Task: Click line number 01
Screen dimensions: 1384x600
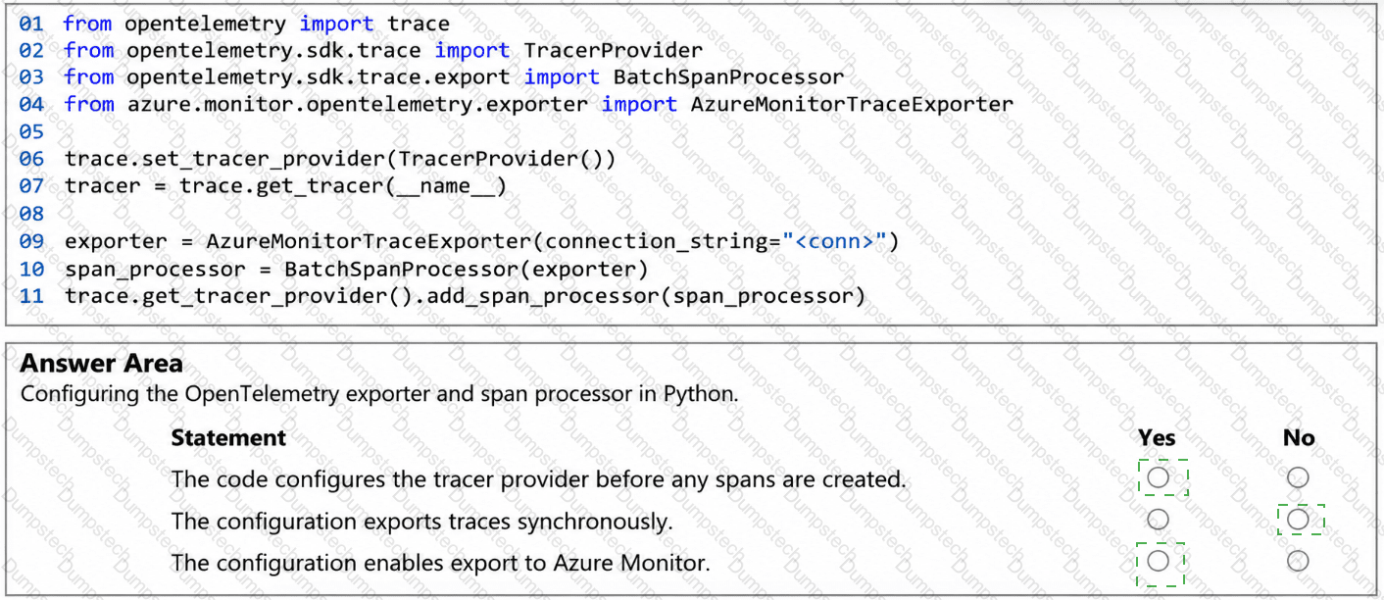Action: tap(31, 25)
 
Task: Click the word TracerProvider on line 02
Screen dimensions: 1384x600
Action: tap(613, 51)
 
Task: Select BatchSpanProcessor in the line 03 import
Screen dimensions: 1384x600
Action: tap(728, 77)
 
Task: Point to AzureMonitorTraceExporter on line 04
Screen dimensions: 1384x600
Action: tap(852, 105)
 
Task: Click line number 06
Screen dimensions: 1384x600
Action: tap(31, 159)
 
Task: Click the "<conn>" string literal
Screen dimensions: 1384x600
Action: tap(834, 241)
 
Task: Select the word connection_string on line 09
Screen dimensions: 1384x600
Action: tap(657, 241)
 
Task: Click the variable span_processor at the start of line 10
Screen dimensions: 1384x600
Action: tap(155, 270)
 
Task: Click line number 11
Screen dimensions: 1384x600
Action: tap(31, 296)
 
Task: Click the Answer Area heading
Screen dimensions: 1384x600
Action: tap(102, 364)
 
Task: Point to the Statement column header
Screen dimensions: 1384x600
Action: tap(228, 437)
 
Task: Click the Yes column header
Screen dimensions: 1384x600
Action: tap(1157, 437)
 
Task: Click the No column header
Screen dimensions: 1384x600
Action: tap(1299, 437)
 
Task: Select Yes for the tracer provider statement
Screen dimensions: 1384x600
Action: tap(1158, 477)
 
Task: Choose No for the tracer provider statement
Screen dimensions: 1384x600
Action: tap(1298, 477)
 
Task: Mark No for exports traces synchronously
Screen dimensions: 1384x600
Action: tap(1298, 520)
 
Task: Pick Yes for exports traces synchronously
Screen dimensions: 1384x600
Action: tap(1158, 520)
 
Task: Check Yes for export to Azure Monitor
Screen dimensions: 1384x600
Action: tap(1158, 561)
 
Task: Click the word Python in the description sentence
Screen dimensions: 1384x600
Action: tap(701, 394)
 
